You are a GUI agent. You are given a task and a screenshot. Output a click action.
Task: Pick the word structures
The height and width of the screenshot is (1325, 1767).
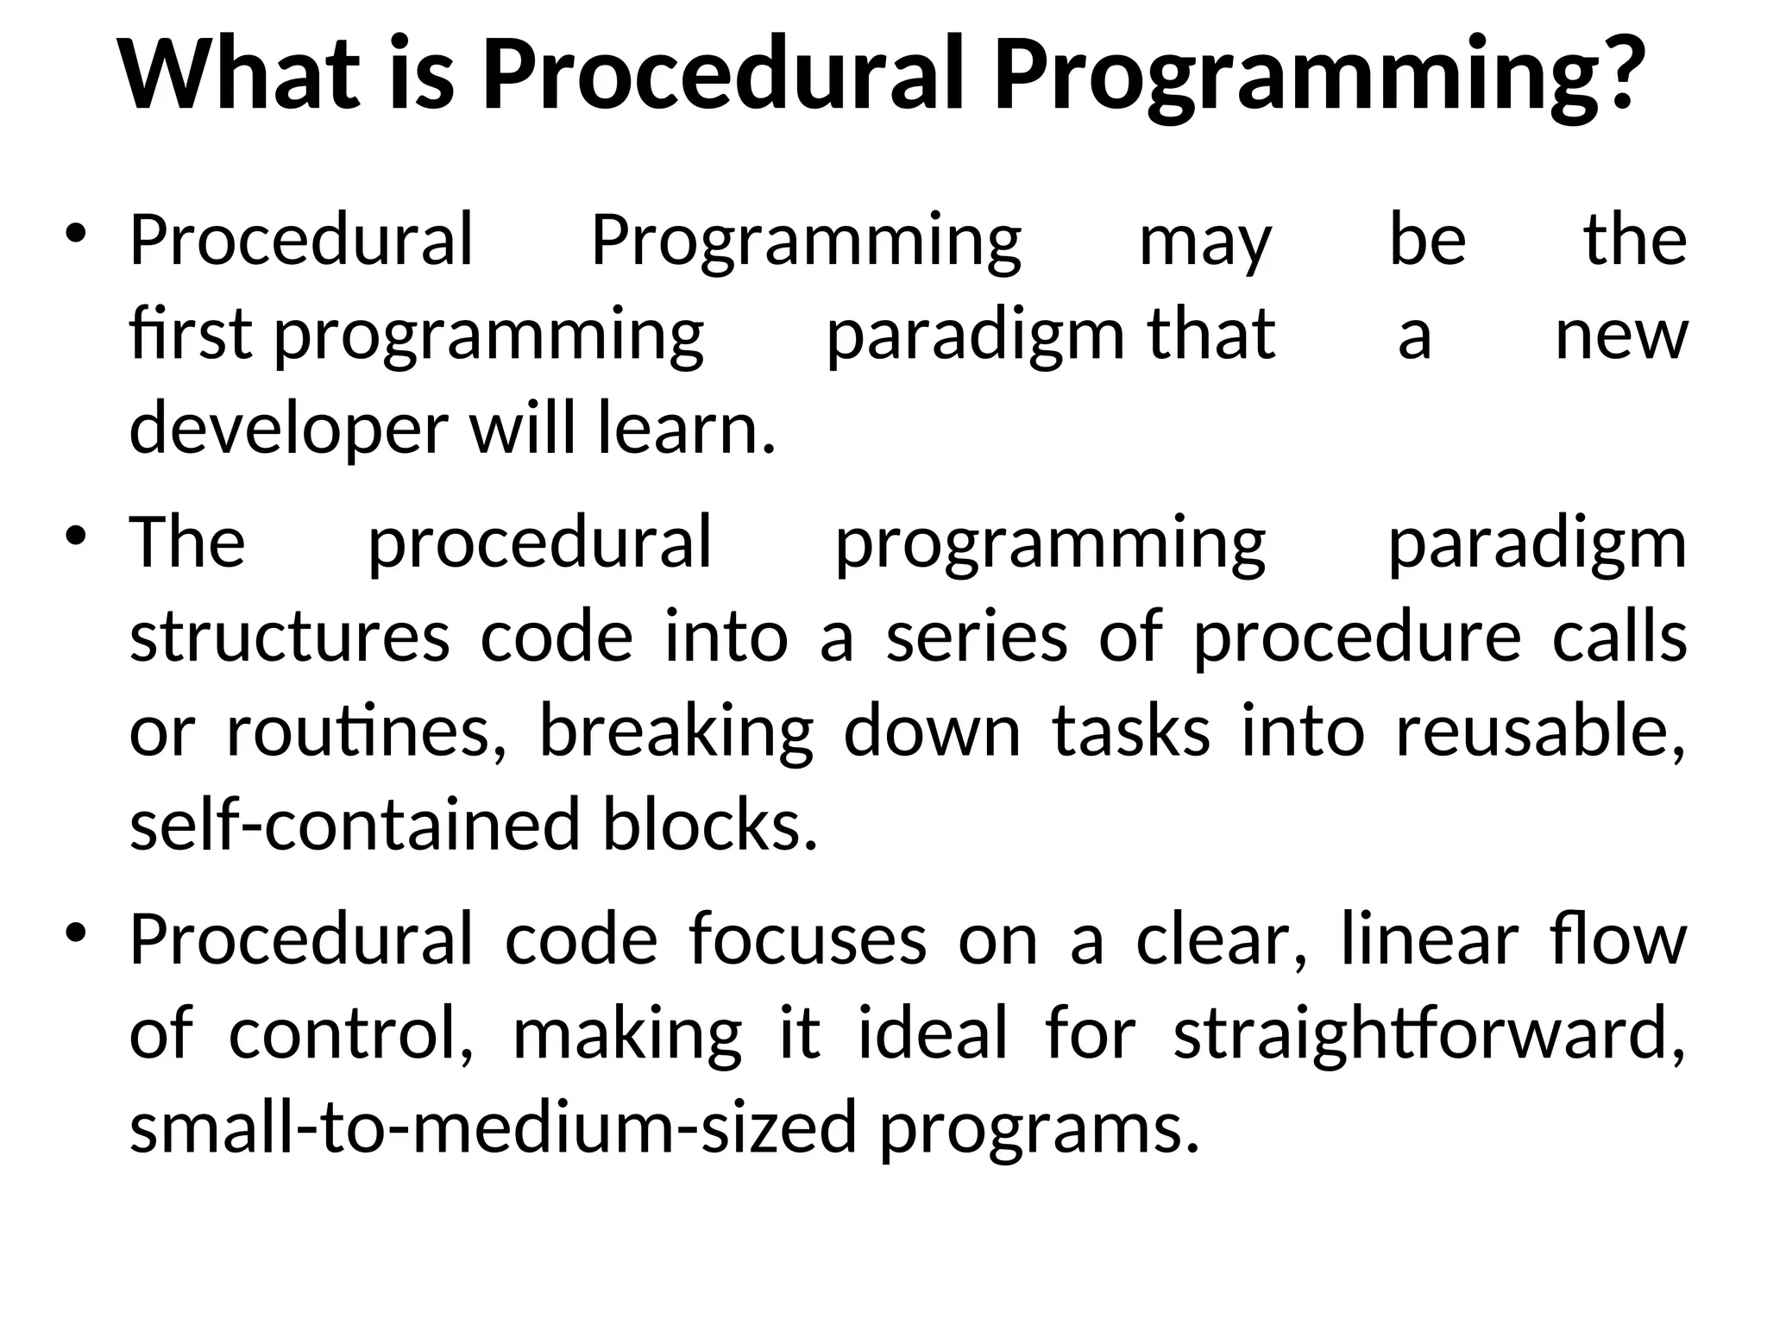pyautogui.click(x=289, y=637)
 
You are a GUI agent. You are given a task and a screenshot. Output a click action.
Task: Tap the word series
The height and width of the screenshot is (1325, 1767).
pyautogui.click(x=977, y=637)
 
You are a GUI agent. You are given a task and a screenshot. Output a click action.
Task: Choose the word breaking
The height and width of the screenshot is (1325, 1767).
pyautogui.click(x=676, y=732)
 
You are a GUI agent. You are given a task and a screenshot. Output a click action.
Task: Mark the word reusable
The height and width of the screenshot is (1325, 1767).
pyautogui.click(x=1540, y=732)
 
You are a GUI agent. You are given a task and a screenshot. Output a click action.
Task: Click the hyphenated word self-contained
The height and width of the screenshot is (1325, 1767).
pyautogui.click(x=354, y=826)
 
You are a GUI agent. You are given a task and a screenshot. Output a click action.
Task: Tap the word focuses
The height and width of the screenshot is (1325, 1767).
pyautogui.click(x=808, y=939)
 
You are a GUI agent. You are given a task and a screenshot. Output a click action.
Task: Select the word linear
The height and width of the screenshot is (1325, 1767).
pyautogui.click(x=1429, y=939)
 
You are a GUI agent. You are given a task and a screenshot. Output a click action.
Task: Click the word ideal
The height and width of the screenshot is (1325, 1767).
pyautogui.click(x=933, y=1033)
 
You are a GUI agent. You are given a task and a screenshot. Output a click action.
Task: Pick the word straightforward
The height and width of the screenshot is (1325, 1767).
pyautogui.click(x=1429, y=1033)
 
